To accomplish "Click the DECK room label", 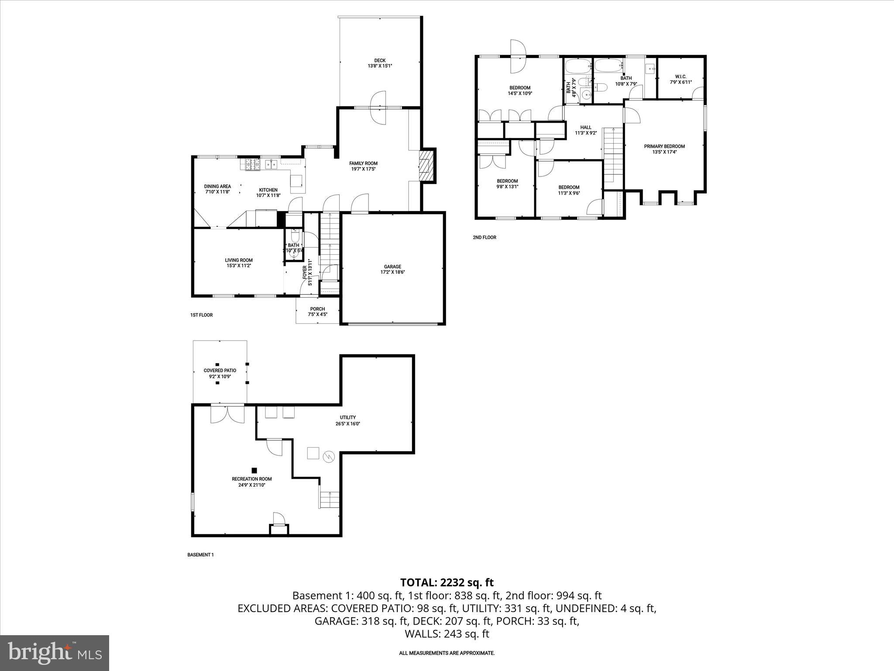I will (x=380, y=61).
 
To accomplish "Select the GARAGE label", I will (x=392, y=266).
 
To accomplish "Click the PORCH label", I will (x=317, y=309).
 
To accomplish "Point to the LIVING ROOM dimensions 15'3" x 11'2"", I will (x=239, y=266).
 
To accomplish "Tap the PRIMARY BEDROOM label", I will (x=664, y=146).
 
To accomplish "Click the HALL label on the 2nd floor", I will (x=585, y=128).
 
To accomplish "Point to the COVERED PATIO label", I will (x=220, y=370).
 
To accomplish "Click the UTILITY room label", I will (x=348, y=417).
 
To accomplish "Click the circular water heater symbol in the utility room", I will (x=328, y=457).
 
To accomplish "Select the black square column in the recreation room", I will (x=254, y=470).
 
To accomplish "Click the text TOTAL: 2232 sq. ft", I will (x=447, y=582).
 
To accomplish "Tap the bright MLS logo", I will (x=55, y=653).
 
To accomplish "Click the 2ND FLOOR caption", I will (x=484, y=238).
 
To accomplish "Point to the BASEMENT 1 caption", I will (x=200, y=555).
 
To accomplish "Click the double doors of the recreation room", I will (x=227, y=414).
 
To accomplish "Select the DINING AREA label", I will (x=217, y=187).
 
